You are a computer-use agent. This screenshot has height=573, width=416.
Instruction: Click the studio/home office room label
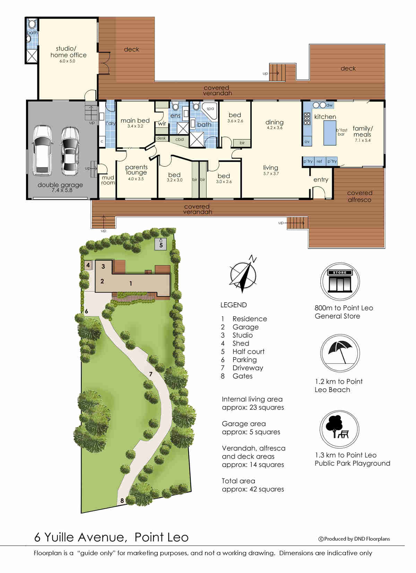pos(68,52)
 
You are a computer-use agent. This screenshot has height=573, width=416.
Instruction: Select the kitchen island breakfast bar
pos(330,133)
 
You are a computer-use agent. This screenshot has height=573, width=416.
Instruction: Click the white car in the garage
pos(43,150)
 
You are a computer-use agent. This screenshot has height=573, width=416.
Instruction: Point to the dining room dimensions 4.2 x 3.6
pos(275,128)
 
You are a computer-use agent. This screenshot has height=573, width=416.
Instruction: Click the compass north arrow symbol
pos(244,275)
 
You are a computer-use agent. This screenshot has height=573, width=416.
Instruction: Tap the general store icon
pos(340,281)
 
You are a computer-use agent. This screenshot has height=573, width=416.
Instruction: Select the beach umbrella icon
pos(340,353)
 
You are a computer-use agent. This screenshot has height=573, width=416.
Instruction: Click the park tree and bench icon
pos(339,429)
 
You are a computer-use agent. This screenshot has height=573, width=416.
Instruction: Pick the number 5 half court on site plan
pos(161,245)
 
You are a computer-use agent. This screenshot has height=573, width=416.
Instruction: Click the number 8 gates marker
pos(122,501)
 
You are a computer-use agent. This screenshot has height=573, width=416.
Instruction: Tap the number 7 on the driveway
pos(151,374)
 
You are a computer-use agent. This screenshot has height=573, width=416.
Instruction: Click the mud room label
pos(108,180)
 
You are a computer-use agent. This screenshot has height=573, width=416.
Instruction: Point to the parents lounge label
pos(136,170)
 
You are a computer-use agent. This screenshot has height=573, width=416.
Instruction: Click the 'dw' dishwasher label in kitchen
pos(329,105)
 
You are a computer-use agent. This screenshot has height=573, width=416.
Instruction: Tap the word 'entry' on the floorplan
pos(321,180)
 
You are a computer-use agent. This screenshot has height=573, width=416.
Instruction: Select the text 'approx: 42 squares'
pos(253,489)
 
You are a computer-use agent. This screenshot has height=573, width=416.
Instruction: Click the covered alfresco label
pos(360,196)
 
